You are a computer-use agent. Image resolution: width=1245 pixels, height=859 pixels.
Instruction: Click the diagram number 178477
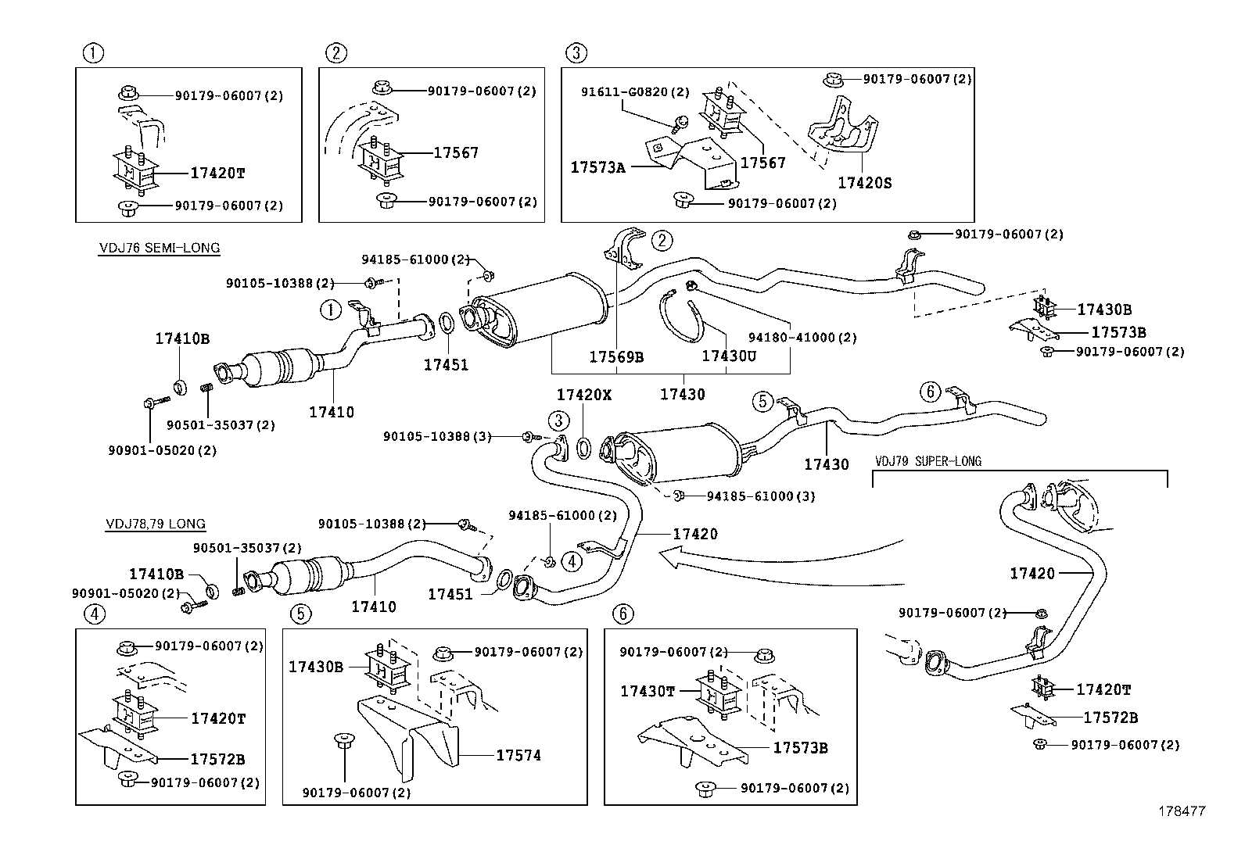1182,811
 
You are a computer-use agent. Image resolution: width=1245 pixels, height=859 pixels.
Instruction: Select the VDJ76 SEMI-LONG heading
160,248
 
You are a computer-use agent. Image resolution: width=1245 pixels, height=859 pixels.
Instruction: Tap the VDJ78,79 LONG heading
156,524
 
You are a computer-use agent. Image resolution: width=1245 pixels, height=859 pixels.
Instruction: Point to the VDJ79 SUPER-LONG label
928,461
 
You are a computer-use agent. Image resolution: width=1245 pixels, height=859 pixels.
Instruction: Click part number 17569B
616,356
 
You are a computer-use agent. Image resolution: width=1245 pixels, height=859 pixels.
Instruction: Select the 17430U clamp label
729,356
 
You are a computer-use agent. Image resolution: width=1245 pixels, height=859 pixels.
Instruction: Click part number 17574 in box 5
518,755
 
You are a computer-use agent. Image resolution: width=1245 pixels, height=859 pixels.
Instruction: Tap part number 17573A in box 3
597,167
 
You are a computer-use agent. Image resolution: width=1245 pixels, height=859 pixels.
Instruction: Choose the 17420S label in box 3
864,183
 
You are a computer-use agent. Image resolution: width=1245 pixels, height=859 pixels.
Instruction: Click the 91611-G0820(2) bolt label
635,92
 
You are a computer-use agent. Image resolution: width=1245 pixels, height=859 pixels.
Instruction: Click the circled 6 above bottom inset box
622,614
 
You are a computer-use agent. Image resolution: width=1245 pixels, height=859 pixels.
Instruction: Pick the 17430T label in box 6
648,691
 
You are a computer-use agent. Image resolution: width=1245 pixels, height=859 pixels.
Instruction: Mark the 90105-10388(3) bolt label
437,436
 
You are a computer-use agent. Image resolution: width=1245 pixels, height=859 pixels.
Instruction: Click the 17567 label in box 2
456,153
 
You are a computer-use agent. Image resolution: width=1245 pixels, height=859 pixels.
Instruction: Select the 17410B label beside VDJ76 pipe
182,338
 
